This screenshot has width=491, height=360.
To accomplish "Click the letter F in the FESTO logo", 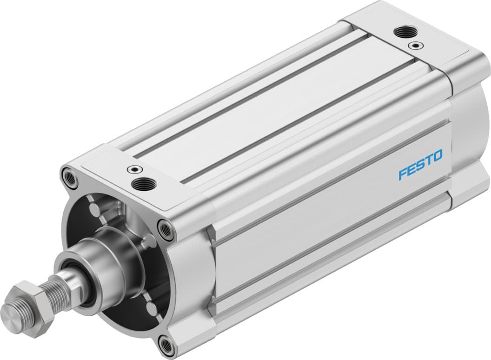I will pos(402,174).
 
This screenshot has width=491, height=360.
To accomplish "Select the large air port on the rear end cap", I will pos(402,33).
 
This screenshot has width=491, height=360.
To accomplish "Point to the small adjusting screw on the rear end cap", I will pos(414,46).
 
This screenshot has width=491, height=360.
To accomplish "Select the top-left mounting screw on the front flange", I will pos(70,179).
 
